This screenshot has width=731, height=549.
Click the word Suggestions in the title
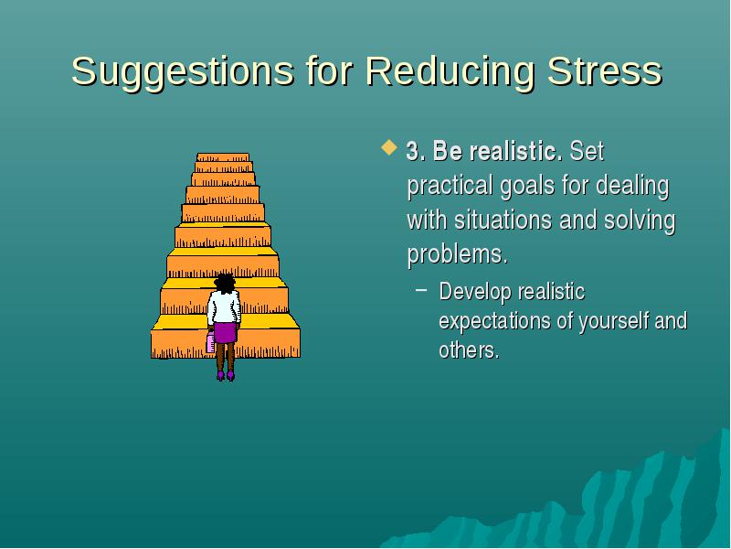point(182,72)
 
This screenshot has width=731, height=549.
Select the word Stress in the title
point(605,71)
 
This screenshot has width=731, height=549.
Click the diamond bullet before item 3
point(389,147)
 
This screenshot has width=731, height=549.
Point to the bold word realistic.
point(515,151)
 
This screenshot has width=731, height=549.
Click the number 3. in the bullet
point(416,151)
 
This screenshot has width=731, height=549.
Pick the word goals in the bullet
point(527,187)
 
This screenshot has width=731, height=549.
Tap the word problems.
point(457,255)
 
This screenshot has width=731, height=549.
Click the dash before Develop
point(421,289)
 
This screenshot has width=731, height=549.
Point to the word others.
point(469,350)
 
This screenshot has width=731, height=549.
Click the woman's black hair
point(225,283)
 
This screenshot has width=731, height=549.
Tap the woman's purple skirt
point(225,332)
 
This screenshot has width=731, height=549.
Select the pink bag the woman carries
point(211,342)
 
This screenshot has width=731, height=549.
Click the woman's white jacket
point(224,307)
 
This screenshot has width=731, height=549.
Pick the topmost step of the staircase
point(223,157)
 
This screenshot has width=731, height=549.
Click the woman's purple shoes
point(226,376)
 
